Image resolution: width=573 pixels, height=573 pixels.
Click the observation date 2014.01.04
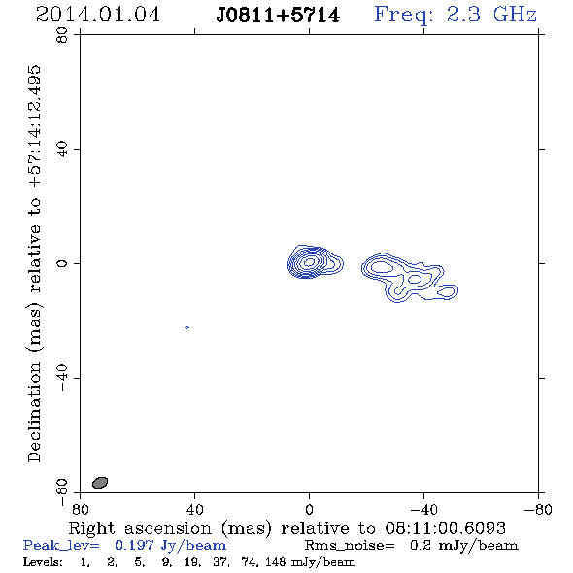click(98, 15)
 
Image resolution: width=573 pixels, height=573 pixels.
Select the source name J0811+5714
click(278, 16)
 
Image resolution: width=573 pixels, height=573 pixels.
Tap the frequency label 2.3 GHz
click(491, 15)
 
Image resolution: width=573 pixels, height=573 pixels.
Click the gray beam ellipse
click(100, 483)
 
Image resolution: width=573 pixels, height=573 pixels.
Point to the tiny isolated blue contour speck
click(187, 327)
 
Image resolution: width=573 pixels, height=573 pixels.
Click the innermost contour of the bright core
click(310, 261)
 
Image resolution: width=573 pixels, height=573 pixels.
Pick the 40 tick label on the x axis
click(194, 509)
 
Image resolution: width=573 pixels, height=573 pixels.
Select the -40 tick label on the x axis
click(423, 509)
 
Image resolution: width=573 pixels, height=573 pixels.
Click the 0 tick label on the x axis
click(309, 509)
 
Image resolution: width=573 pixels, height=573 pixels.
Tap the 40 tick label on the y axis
click(62, 150)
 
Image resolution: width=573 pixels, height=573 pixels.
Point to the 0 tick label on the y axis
click(62, 263)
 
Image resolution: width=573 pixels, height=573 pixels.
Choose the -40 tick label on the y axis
click(62, 378)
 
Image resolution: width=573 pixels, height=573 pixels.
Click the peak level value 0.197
click(134, 545)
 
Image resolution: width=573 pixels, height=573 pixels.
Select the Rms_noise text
click(350, 546)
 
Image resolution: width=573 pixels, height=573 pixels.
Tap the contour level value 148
click(275, 562)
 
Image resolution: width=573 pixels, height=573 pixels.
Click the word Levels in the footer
click(43, 562)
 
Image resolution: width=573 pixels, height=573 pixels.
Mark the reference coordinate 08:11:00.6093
click(445, 528)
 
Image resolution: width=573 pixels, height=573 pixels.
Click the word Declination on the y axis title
click(34, 412)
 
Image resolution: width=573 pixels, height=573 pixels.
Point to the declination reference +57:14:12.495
click(34, 127)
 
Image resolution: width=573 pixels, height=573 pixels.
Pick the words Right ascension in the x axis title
click(140, 528)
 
